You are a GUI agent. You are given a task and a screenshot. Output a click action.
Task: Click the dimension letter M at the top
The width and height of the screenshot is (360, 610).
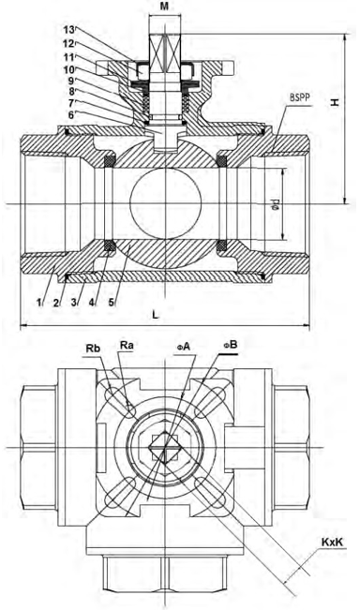click(165, 7)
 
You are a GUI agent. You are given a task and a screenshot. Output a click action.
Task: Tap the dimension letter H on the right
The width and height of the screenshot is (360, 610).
click(335, 102)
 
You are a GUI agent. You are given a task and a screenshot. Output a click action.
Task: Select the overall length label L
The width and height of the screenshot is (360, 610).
click(156, 315)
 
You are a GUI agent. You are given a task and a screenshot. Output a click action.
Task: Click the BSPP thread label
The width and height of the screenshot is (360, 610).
click(300, 97)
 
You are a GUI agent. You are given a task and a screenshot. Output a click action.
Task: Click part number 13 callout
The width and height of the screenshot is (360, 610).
click(69, 30)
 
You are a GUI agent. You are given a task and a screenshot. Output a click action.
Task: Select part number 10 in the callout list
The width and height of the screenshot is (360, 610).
click(69, 69)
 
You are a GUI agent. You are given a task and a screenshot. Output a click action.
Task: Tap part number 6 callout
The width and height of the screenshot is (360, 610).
click(71, 115)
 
